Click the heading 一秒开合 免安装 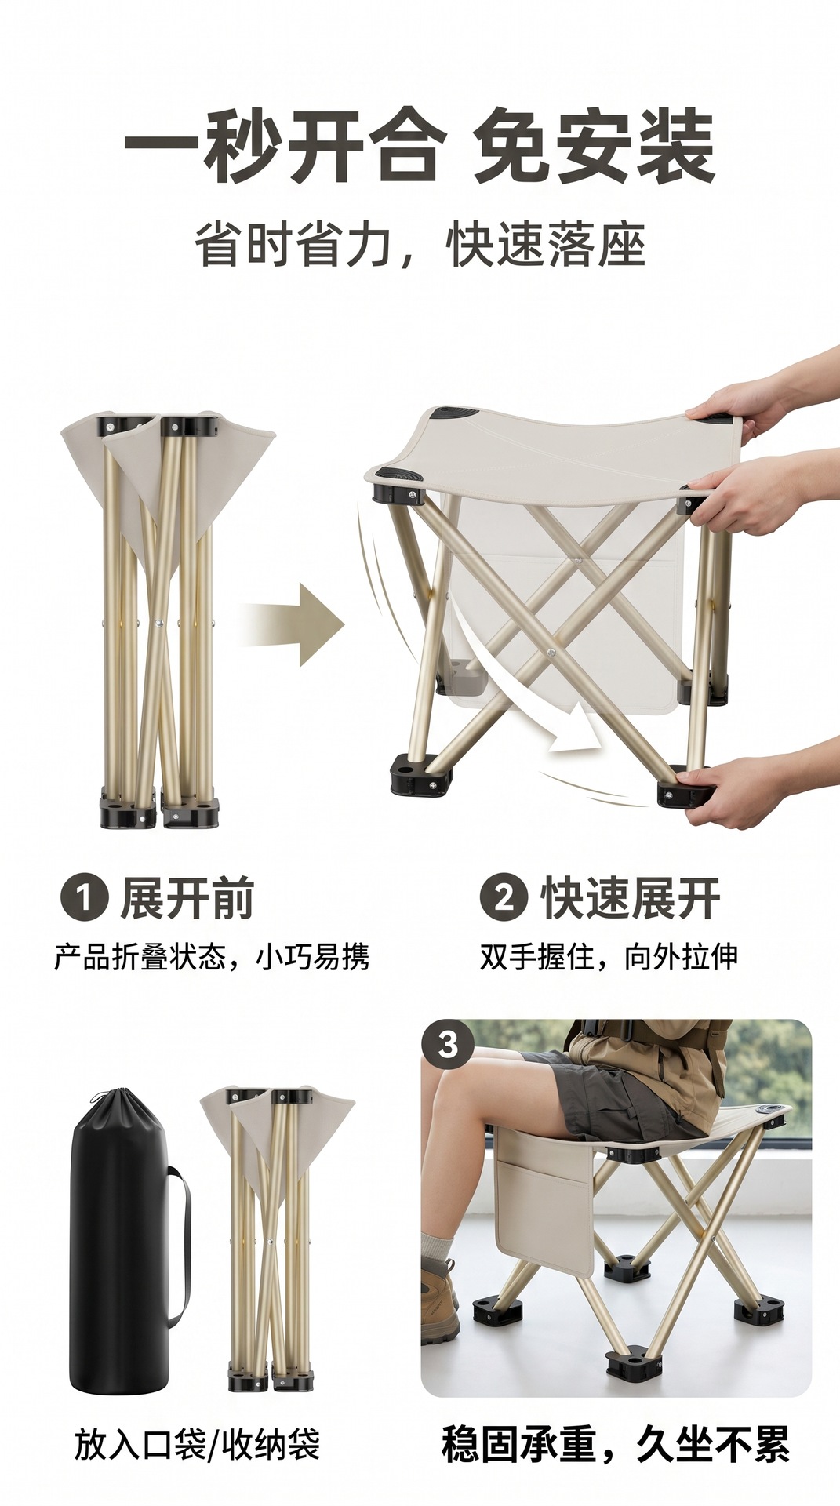[420, 147]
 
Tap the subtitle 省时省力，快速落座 [420, 246]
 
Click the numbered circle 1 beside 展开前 [83, 898]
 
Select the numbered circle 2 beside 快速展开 [503, 898]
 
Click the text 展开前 [187, 899]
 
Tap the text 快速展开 [630, 899]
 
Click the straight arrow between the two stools [293, 624]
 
